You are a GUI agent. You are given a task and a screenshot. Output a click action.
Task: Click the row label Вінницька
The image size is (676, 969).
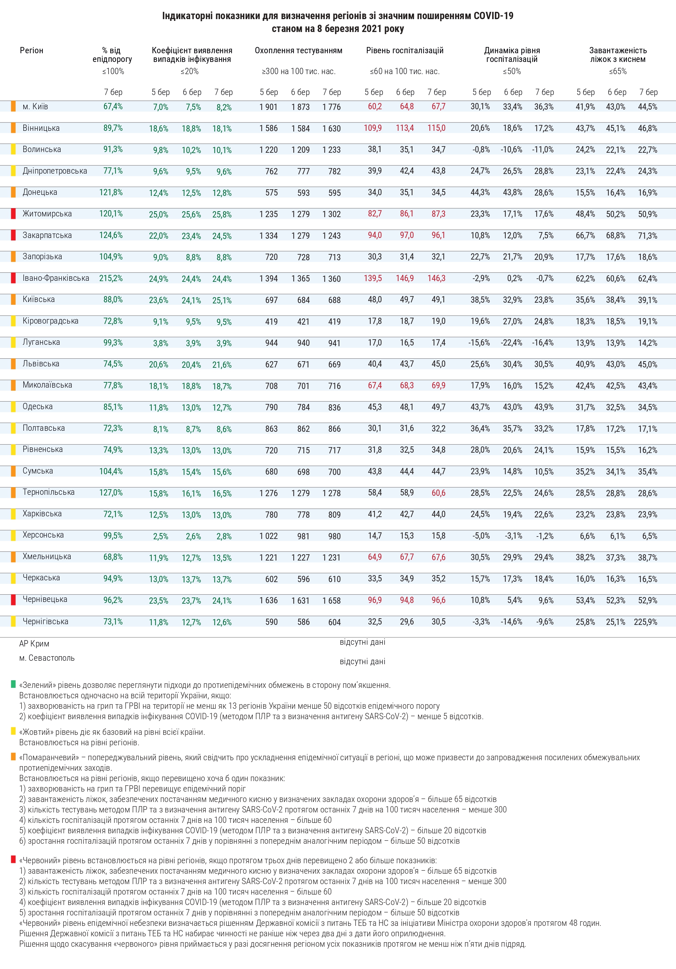pos(41,128)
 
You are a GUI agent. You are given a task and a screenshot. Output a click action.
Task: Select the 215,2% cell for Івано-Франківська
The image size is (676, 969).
pos(111,278)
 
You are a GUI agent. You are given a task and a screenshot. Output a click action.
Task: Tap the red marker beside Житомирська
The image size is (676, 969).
pos(14,214)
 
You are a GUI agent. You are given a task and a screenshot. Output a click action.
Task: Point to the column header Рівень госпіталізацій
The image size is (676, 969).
pos(404,51)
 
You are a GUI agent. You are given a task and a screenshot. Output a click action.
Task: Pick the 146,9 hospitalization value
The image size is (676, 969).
pos(404,278)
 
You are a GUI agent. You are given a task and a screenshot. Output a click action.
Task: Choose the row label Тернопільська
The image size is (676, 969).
pos(48,492)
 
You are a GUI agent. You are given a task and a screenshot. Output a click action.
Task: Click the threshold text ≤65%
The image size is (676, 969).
pos(618,71)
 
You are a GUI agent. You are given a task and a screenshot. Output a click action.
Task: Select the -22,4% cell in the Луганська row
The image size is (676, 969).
pos(511,343)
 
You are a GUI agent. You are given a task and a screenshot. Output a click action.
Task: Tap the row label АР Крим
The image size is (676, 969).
pos(34,644)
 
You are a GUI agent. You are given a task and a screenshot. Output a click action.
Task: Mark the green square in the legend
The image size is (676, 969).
pos(14,684)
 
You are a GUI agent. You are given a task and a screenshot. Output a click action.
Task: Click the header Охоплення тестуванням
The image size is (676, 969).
pos(299,51)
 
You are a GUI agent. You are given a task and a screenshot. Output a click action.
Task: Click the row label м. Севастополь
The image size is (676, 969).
pos(47,658)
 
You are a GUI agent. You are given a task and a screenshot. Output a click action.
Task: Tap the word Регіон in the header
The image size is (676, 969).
pos(32,51)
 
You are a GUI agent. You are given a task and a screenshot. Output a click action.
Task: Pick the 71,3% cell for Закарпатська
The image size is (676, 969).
pos(647,236)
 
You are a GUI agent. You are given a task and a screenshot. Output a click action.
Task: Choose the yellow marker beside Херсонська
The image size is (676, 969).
pos(14,535)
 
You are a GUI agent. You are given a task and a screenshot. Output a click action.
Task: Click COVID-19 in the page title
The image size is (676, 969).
pos(493,16)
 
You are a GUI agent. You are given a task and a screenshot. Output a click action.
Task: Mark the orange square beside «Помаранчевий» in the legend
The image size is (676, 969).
pos(14,757)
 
